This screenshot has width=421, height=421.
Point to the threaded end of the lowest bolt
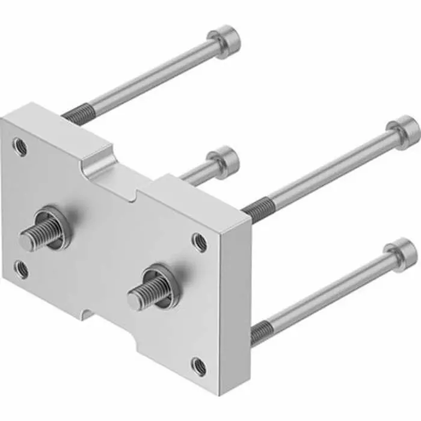(x=260, y=332)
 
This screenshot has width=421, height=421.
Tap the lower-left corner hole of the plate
(x=21, y=269)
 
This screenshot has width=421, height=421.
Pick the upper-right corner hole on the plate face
(x=199, y=242)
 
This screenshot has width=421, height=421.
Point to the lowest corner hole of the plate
(x=199, y=364)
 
